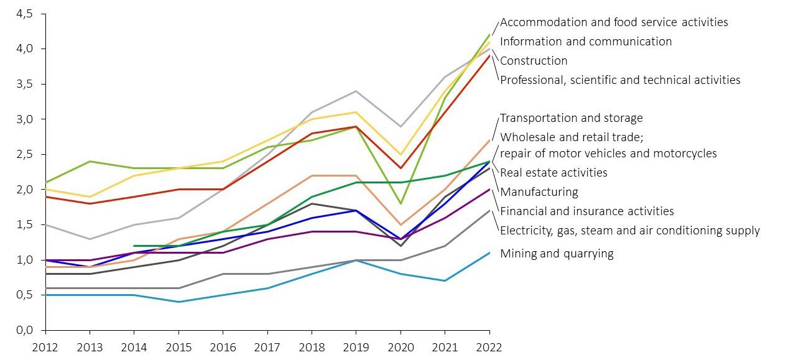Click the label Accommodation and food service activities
pyautogui.click(x=613, y=22)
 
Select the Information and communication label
pyautogui.click(x=585, y=42)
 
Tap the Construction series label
pyautogui.click(x=534, y=61)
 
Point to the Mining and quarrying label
pyautogui.click(x=557, y=254)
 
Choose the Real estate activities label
pyautogui.click(x=553, y=173)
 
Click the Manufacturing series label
pyautogui.click(x=539, y=192)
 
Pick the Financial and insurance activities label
pyautogui.click(x=586, y=211)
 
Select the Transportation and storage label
pyautogui.click(x=571, y=118)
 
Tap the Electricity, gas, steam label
pyautogui.click(x=629, y=231)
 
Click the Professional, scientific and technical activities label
pyautogui.click(x=620, y=80)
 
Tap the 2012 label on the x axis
pyautogui.click(x=45, y=347)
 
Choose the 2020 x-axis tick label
pyautogui.click(x=400, y=347)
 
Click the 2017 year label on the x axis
pyautogui.click(x=267, y=347)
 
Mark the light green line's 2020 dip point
pyautogui.click(x=400, y=203)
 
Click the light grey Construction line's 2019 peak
pyautogui.click(x=356, y=91)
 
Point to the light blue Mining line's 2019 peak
pyautogui.click(x=356, y=260)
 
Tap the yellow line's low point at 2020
pyautogui.click(x=400, y=154)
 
